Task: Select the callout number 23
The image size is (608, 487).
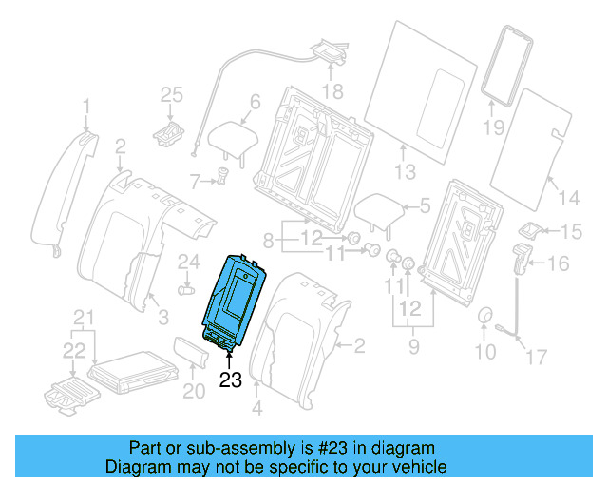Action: tap(230, 381)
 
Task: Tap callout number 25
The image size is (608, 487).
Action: tap(169, 93)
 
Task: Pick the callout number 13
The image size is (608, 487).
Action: tap(406, 172)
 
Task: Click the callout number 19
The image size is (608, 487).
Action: tap(492, 126)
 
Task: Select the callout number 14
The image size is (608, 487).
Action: tap(568, 198)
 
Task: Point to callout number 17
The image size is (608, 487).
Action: tap(537, 357)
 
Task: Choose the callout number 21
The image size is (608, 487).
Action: tap(85, 317)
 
